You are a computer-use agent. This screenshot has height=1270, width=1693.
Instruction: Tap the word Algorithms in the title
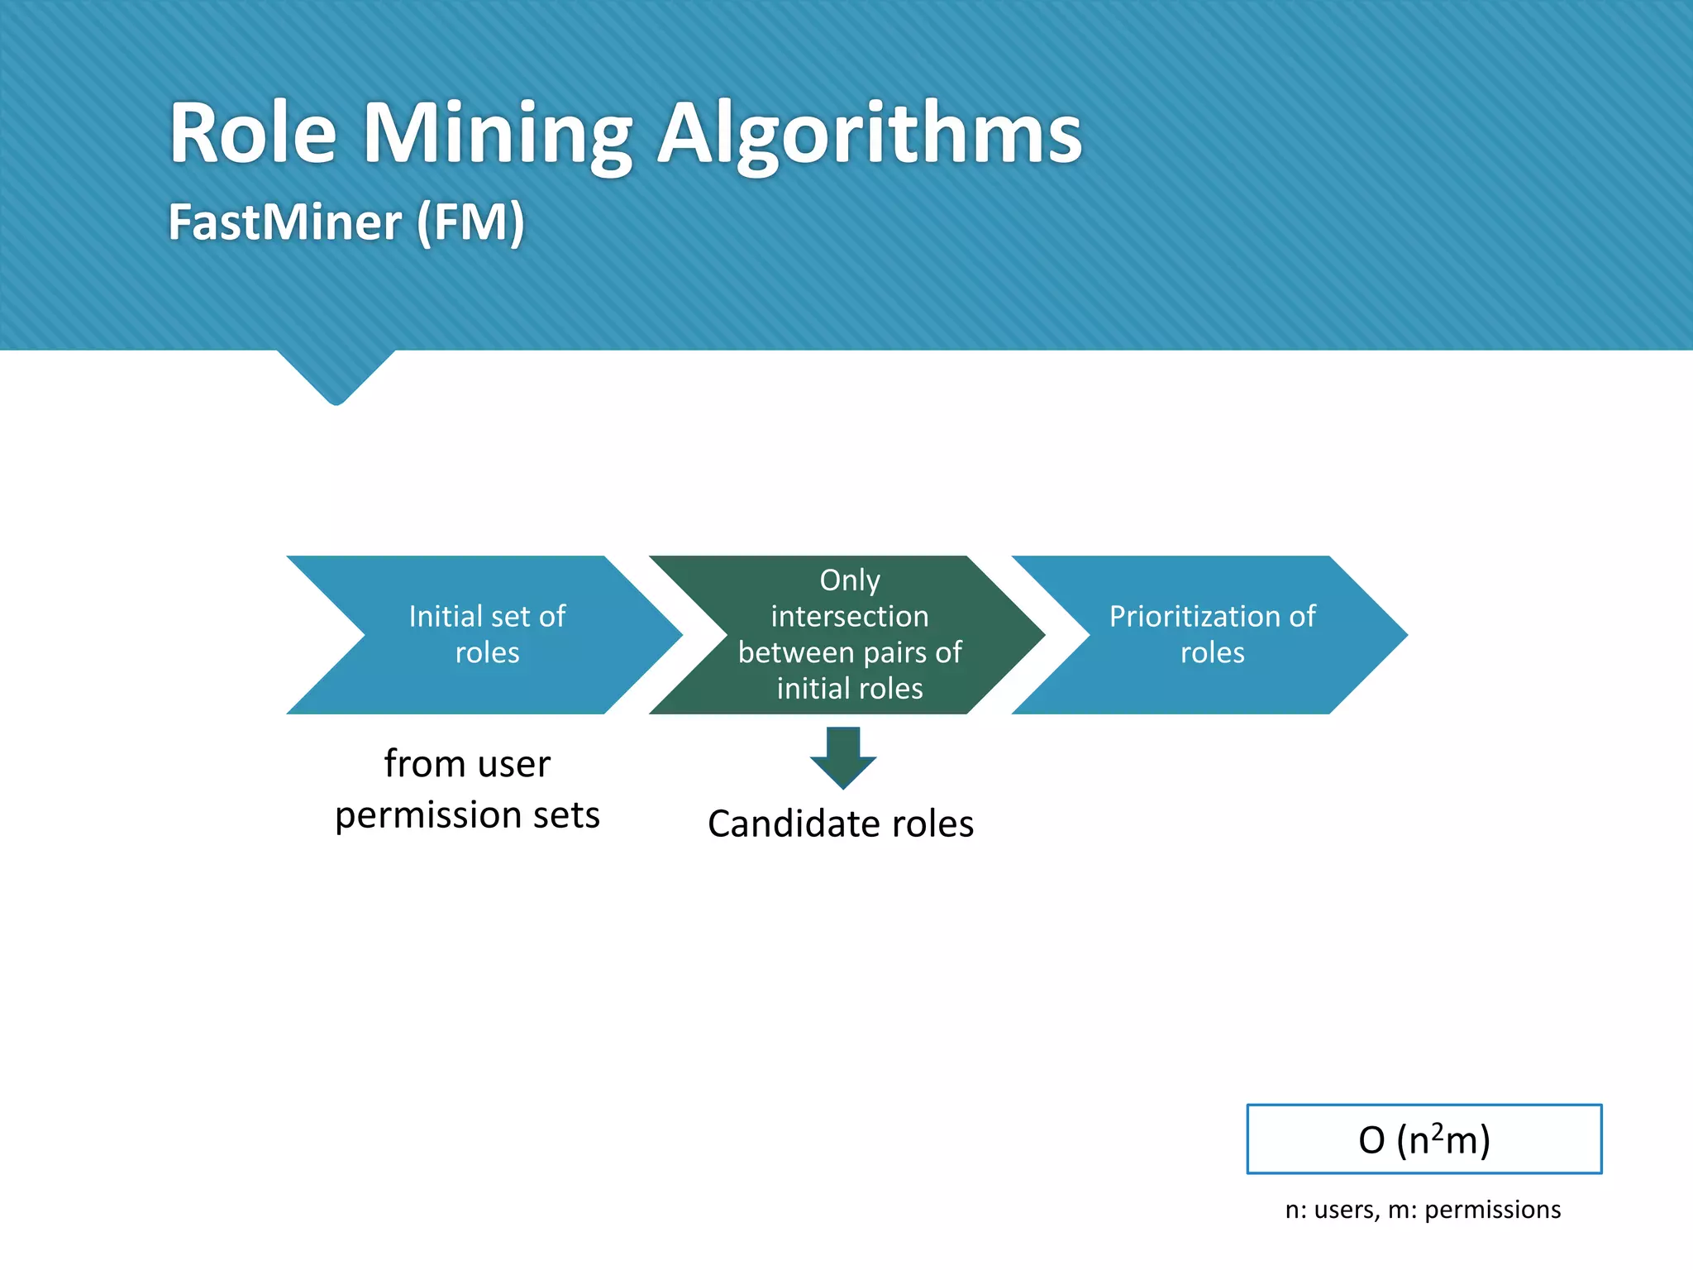tap(868, 134)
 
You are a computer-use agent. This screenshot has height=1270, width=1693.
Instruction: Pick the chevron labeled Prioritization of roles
tap(1211, 634)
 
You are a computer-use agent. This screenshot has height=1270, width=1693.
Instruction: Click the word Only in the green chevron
tap(849, 580)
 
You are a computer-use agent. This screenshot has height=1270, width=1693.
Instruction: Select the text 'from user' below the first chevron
tap(467, 763)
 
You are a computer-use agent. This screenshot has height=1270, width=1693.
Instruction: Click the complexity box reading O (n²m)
tap(1424, 1139)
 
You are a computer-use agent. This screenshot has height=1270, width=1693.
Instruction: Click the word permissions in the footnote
tap(1492, 1210)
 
